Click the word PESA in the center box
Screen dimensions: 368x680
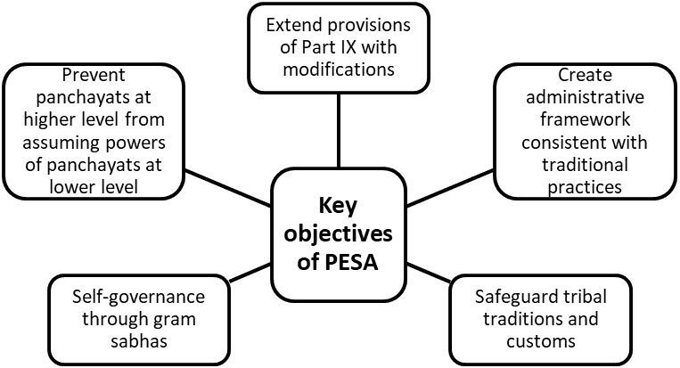coord(357,265)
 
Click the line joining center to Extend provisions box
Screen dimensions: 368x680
coord(339,134)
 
